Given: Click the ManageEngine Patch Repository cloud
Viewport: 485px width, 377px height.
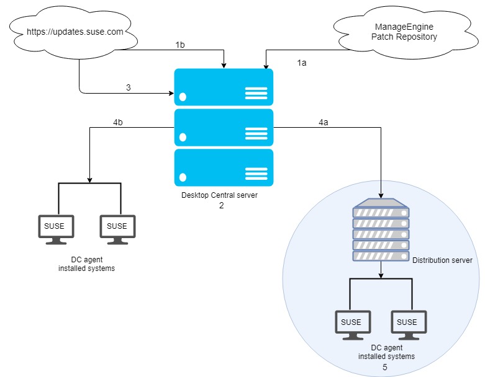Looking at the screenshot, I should click(405, 32).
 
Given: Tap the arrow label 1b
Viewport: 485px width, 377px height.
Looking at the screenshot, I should click(180, 45).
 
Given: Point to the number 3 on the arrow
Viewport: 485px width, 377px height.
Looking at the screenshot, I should click(129, 87).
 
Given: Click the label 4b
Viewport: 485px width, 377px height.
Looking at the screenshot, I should click(118, 123).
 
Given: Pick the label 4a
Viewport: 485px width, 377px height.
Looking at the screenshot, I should click(323, 123).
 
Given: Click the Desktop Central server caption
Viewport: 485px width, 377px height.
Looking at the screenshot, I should click(219, 195).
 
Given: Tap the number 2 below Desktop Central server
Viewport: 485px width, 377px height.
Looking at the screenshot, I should click(220, 205).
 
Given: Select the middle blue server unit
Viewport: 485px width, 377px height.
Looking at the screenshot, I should click(224, 127).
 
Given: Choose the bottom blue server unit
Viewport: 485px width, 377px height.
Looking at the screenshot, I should click(224, 167).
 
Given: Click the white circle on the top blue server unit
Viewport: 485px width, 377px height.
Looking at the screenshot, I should click(183, 97).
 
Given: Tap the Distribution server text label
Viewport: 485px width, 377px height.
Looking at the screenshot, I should click(442, 260).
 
